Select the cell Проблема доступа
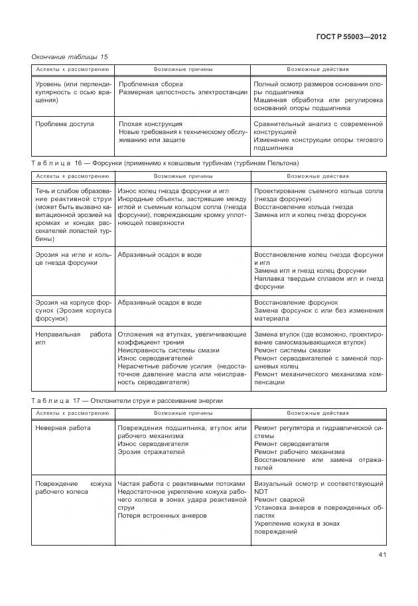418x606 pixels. [x=64, y=123]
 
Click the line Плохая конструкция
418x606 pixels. [x=150, y=123]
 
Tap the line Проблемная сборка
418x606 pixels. [x=150, y=84]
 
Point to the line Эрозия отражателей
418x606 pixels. [x=151, y=452]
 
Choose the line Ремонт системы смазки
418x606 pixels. [x=292, y=350]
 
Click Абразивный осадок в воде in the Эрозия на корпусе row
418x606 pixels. [x=159, y=302]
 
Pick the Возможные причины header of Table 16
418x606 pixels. [x=183, y=177]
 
